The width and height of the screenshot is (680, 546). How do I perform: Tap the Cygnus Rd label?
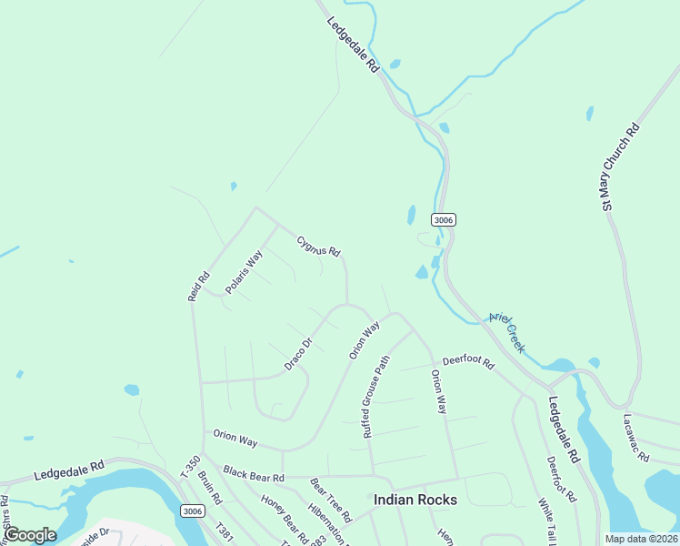(318, 246)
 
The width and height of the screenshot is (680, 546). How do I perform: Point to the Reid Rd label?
(198, 287)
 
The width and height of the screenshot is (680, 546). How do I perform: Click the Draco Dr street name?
(298, 354)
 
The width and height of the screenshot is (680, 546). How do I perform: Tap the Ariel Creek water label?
(507, 329)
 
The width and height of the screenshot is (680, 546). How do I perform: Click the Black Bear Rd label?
(254, 475)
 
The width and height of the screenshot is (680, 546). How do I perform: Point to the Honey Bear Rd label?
(284, 512)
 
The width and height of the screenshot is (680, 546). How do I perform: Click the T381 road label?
(225, 531)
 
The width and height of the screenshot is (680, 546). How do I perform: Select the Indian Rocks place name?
(415, 500)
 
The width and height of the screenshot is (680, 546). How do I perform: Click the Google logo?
(30, 535)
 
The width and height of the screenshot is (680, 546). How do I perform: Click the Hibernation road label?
(329, 523)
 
